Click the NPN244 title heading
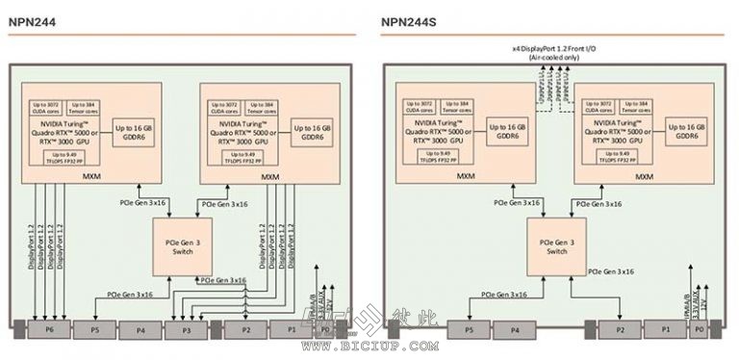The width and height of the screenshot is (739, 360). coord(32,30)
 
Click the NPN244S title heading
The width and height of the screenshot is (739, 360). coord(410,30)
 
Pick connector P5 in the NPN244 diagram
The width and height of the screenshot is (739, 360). coord(94,329)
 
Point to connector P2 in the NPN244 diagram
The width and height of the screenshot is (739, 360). coord(246,329)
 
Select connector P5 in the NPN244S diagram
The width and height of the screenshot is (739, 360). coord(470,329)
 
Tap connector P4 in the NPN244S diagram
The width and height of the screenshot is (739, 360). coord(514,329)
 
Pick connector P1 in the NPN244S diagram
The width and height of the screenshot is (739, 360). coord(666,329)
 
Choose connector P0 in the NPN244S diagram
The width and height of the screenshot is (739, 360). coord(700,329)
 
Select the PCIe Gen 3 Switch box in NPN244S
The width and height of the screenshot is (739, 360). coord(555,245)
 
